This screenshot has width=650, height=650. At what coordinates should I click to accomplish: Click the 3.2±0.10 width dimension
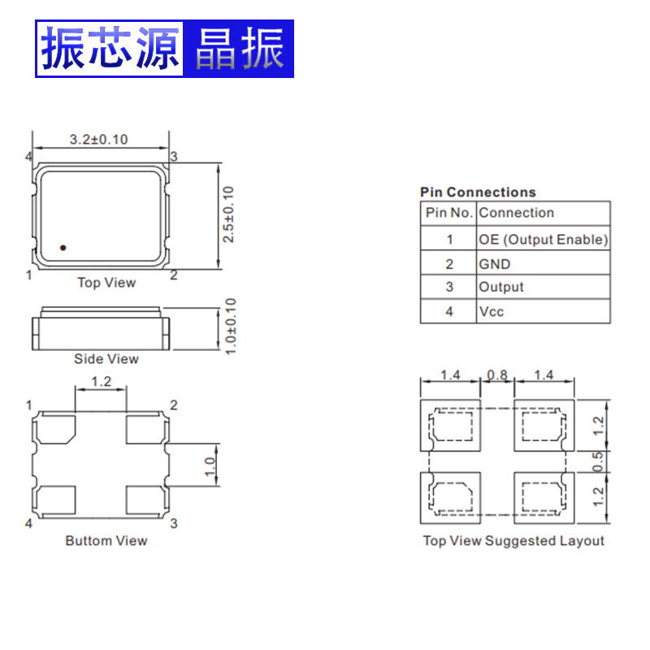click(x=98, y=140)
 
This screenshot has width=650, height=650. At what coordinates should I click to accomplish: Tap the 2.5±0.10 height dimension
click(x=229, y=214)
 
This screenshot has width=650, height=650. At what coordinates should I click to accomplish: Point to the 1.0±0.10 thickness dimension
click(x=230, y=326)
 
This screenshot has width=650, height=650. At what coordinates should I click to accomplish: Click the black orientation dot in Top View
click(x=63, y=246)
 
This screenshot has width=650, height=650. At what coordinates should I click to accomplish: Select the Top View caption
click(x=106, y=283)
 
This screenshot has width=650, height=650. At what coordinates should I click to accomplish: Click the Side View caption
click(x=106, y=359)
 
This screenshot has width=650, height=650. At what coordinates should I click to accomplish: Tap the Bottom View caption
click(x=106, y=540)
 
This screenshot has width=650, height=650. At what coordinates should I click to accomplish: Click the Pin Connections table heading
click(x=478, y=193)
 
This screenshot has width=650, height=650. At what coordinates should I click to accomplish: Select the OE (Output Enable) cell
click(x=543, y=239)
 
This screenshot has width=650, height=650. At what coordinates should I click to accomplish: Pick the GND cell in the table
click(x=495, y=264)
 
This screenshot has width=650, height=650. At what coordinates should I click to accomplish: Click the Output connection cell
click(x=501, y=287)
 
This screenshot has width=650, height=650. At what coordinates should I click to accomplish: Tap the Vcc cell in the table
click(x=492, y=311)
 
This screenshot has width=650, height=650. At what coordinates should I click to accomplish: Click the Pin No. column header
click(x=449, y=213)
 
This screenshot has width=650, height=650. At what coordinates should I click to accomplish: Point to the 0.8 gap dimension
click(x=496, y=375)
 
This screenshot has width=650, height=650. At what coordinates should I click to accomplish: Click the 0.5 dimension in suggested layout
click(x=599, y=461)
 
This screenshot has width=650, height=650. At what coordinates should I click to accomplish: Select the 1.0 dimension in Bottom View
click(x=210, y=466)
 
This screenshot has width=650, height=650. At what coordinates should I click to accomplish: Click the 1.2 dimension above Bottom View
click(x=101, y=381)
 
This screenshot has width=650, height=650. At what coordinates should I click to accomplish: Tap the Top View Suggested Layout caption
click(x=513, y=540)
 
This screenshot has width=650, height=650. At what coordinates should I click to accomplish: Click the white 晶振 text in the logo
click(x=239, y=49)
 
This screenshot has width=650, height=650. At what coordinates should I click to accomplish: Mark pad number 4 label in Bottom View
click(x=28, y=523)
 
